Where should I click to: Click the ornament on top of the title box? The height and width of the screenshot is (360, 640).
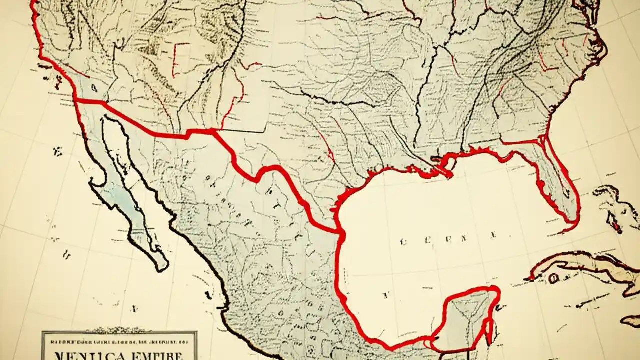coord(119,330)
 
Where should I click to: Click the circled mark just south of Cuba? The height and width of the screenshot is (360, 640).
coord(554,278)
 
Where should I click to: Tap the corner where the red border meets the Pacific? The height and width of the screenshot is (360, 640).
coord(76,100)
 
